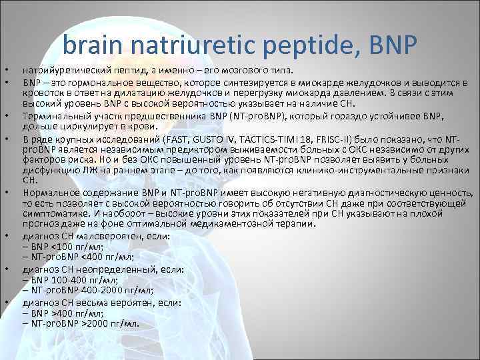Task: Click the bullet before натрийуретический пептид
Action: click(5, 69)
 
